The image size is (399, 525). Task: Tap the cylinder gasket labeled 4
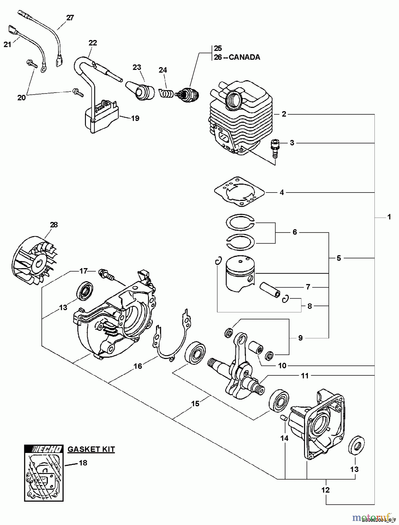coord(239,192)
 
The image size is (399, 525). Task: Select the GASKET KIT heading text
coord(91,449)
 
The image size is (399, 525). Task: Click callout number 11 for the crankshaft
coord(305,376)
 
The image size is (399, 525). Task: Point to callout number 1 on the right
coord(389,217)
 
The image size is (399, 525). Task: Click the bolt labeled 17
coord(105,273)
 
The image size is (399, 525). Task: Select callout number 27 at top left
coord(70,17)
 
